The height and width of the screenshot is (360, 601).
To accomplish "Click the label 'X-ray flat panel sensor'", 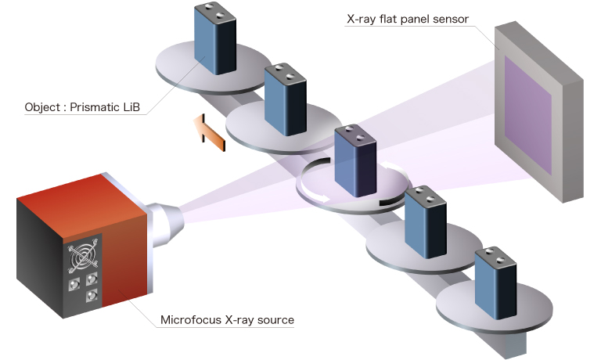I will tap(407, 18).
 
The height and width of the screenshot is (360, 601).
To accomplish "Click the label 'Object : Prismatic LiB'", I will tap(82, 107).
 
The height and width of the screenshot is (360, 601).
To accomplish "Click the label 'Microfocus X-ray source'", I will tap(226, 319).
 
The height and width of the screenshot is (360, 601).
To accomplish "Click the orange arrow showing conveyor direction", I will tap(209, 132).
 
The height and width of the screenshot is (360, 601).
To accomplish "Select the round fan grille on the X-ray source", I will tap(82, 256).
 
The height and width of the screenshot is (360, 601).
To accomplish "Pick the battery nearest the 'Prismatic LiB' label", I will tap(214, 41).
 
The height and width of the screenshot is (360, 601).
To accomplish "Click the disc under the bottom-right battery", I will tap(485, 310).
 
